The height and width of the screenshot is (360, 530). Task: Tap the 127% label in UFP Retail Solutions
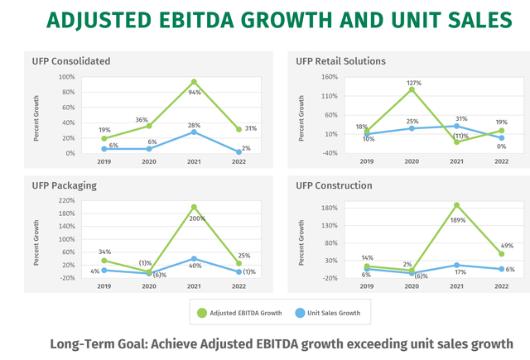[x=414, y=83]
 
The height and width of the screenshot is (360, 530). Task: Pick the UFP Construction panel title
[x=335, y=185]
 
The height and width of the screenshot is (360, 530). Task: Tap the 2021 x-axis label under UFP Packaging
[x=193, y=286]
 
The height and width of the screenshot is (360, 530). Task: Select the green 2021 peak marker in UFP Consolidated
[x=193, y=82]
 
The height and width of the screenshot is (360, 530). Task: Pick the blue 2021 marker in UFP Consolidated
[x=193, y=132]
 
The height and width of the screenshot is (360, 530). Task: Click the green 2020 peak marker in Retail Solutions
[x=412, y=89]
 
